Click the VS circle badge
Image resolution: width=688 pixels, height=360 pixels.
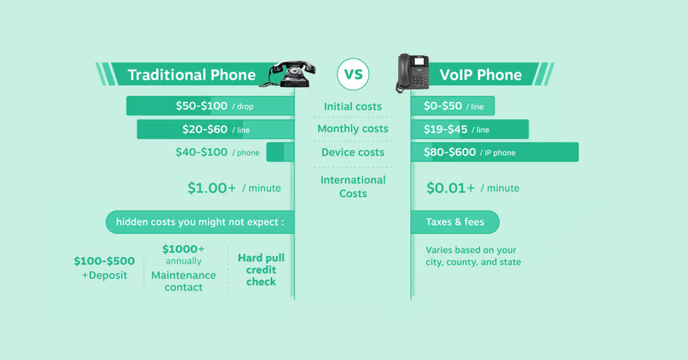tap(353, 75)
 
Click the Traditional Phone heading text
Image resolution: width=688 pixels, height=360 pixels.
tap(191, 75)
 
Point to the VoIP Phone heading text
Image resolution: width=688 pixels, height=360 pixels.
tap(480, 75)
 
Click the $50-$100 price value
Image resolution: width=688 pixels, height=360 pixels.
tap(202, 106)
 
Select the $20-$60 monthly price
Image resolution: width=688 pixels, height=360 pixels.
tap(205, 130)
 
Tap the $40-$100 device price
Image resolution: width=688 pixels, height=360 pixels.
tap(201, 152)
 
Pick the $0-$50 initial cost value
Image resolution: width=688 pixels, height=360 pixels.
tap(443, 106)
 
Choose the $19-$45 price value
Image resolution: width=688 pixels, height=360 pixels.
tap(445, 130)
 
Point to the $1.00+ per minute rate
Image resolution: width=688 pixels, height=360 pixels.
tap(212, 188)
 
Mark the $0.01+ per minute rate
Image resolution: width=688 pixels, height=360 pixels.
tap(451, 188)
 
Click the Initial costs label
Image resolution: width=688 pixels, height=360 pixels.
tap(353, 107)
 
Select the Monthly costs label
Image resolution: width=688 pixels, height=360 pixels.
tap(353, 129)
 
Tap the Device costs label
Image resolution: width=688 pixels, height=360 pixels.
tap(353, 152)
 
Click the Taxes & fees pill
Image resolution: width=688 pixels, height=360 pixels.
tap(455, 222)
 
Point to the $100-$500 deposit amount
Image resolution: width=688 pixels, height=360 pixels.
tap(104, 261)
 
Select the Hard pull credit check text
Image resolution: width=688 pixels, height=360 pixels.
tap(261, 270)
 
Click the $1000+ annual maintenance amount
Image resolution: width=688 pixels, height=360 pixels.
tap(183, 249)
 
